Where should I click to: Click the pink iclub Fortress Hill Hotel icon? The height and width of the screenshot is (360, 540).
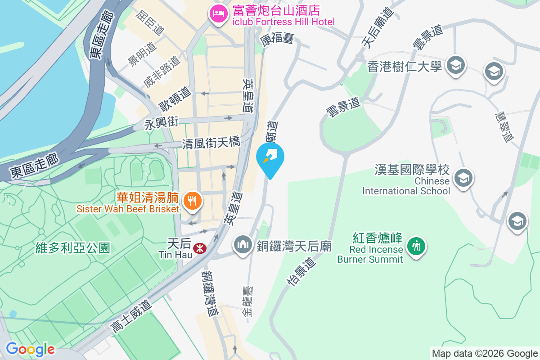pos(218,13)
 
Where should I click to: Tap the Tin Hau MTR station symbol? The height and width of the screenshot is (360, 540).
pos(198,248)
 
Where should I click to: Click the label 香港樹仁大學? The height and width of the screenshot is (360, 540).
pos(405,67)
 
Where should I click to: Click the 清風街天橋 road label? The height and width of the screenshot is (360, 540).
pos(211,144)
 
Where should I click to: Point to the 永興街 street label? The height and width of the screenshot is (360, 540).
pos(162,122)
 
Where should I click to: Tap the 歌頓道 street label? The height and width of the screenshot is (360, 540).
pos(175,99)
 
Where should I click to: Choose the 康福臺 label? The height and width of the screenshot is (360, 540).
pos(277,39)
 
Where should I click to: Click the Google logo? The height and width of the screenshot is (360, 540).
pos(30,349)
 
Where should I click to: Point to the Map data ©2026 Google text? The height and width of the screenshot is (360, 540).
pos(485,354)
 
